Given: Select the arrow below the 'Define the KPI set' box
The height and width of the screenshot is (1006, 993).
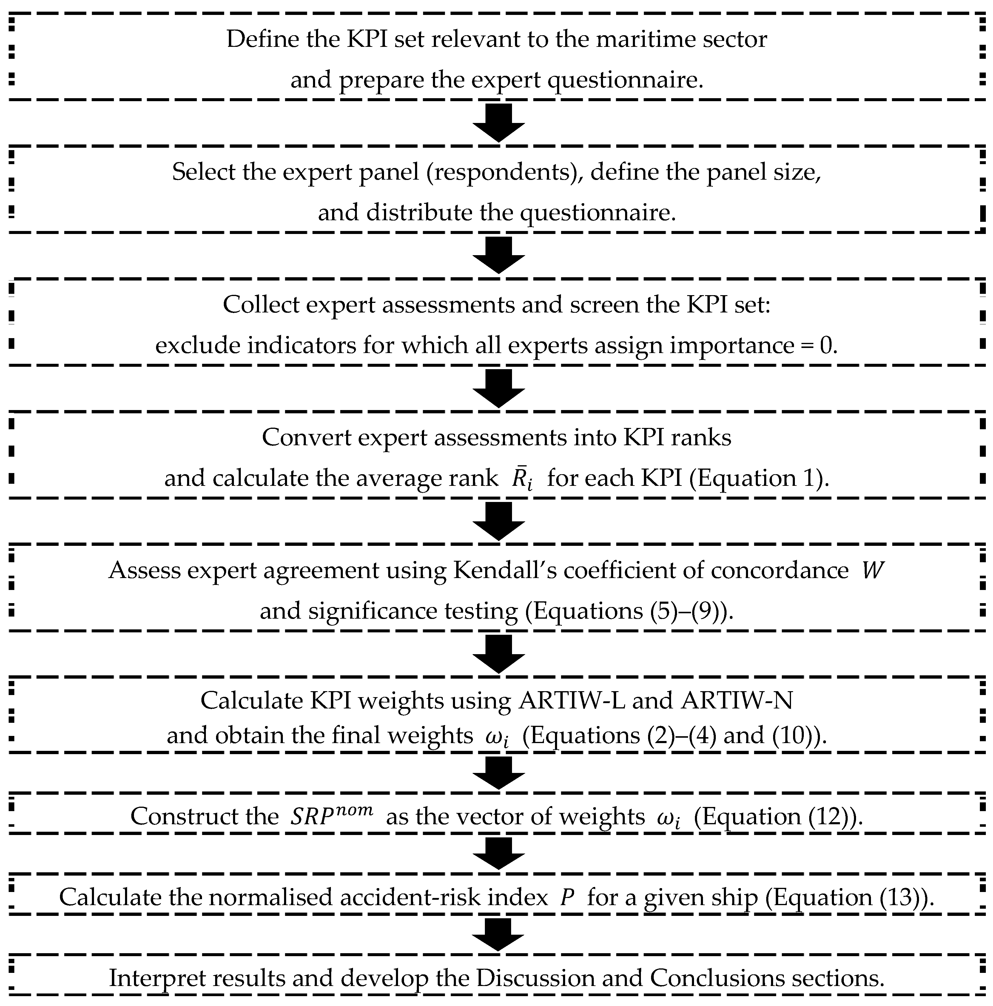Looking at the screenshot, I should pyautogui.click(x=498, y=123).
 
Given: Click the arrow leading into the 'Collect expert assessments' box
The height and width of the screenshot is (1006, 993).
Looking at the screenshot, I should pyautogui.click(x=498, y=255).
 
